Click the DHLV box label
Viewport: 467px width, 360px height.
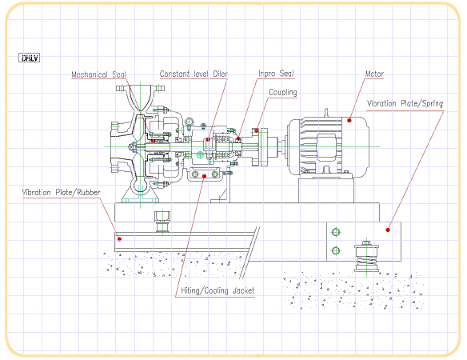(x=29, y=58)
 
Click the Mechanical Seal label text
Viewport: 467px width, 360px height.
(x=98, y=74)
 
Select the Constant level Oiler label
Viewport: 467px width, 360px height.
(x=194, y=74)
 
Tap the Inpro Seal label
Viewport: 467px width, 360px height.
(x=276, y=74)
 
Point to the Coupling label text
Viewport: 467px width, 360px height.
(x=283, y=92)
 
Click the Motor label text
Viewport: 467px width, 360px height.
(x=374, y=74)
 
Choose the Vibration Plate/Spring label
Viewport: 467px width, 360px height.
(x=405, y=104)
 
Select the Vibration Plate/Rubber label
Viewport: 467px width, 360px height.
(x=61, y=193)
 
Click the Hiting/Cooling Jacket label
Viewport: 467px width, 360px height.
(x=218, y=290)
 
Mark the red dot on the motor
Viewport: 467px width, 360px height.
(x=349, y=120)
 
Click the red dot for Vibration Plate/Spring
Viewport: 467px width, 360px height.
(x=388, y=230)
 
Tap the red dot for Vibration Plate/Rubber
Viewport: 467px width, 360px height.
(x=119, y=239)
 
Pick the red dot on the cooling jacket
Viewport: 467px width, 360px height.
(x=205, y=176)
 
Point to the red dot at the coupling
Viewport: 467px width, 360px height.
(x=257, y=130)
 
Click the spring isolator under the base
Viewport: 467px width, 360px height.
(x=366, y=256)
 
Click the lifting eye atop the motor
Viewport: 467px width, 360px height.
(x=326, y=112)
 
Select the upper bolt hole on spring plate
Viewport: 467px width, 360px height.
(x=336, y=232)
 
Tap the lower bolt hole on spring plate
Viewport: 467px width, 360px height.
(x=336, y=250)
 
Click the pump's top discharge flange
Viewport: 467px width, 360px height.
(x=140, y=88)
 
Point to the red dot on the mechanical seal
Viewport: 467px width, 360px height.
(x=153, y=141)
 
